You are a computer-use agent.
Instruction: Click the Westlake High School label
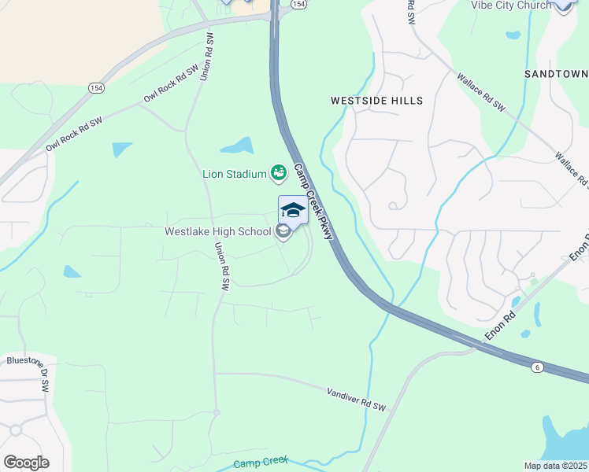tap(218, 232)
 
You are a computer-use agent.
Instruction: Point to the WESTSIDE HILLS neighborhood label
tap(376, 101)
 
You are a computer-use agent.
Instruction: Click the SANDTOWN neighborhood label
tap(556, 73)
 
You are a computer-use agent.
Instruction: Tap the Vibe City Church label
tap(511, 6)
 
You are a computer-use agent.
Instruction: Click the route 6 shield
tap(537, 367)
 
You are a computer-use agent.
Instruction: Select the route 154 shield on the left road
tap(95, 87)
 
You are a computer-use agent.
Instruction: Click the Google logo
tap(26, 463)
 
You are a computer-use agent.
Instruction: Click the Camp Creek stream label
tap(261, 463)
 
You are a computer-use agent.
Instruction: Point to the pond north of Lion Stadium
tap(236, 146)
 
